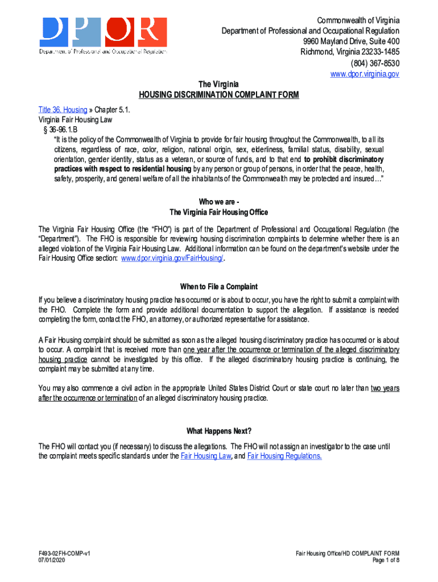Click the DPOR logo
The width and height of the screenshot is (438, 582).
[102, 35]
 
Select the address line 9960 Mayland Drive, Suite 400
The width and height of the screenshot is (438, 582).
[351, 41]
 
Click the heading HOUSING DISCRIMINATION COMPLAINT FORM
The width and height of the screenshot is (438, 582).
[219, 95]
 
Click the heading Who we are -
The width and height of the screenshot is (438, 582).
[219, 202]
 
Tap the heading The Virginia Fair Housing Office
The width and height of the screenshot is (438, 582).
[219, 212]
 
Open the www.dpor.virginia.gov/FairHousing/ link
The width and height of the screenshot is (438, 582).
[173, 258]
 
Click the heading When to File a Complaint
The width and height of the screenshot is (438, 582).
[219, 286]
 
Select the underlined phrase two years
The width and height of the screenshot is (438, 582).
[385, 388]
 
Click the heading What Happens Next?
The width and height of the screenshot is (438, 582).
[219, 430]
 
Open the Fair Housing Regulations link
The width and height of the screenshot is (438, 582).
[284, 456]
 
